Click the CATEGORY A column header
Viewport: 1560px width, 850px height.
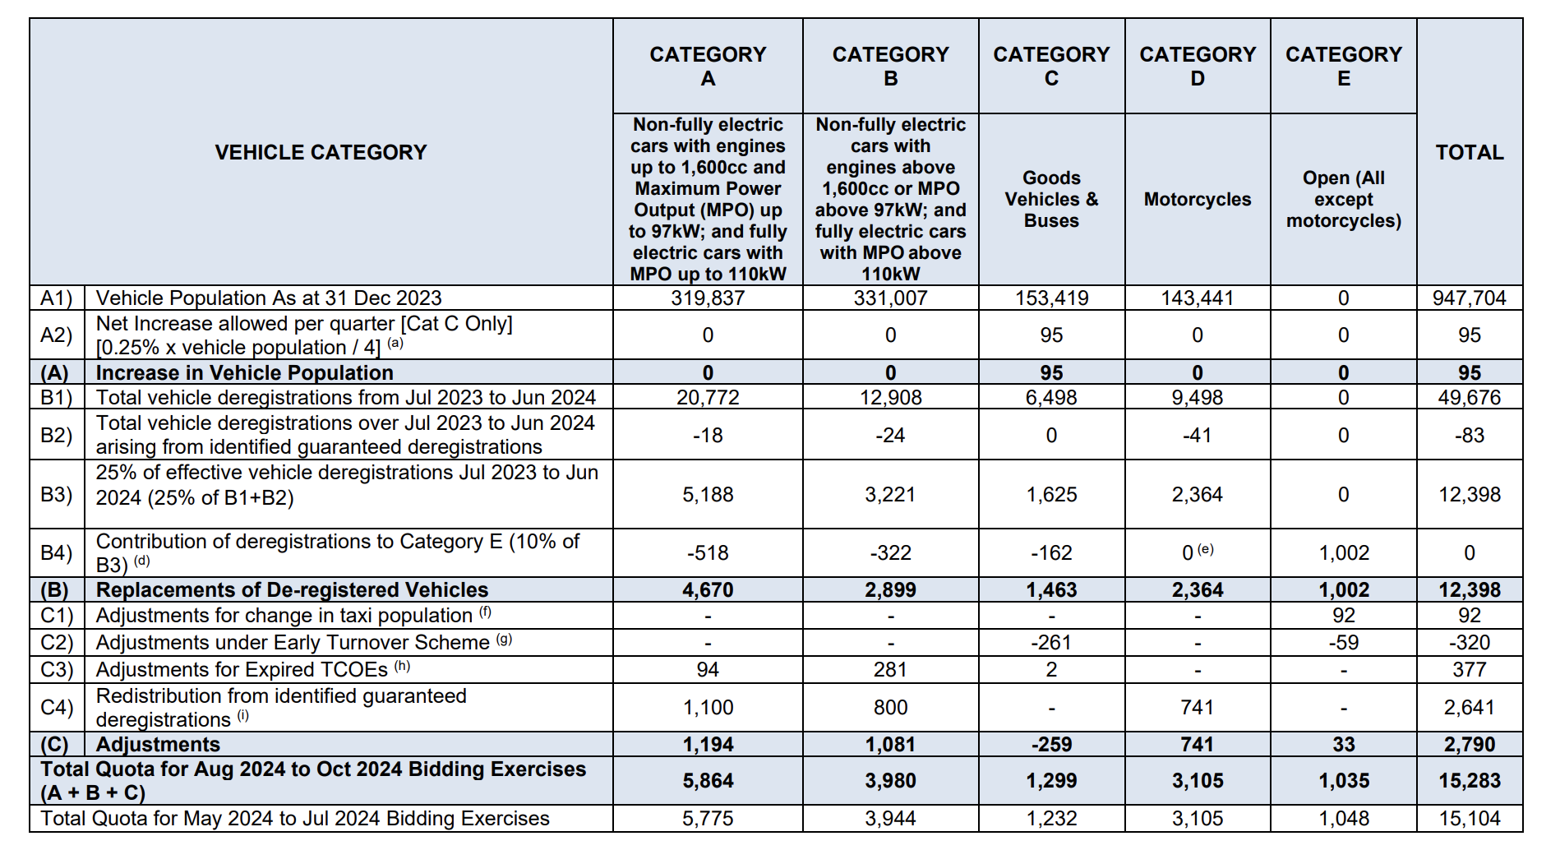point(708,66)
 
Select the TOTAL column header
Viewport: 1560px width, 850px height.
point(1469,152)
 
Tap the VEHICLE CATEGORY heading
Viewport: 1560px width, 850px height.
point(321,152)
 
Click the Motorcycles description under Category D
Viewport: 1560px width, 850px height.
point(1197,199)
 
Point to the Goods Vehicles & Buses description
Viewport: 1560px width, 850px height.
point(1050,199)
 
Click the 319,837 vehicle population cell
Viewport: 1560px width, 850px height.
point(708,298)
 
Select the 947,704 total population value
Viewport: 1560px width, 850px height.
point(1469,298)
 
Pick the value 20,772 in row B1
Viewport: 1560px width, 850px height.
point(708,398)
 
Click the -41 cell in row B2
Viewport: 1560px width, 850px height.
point(1197,435)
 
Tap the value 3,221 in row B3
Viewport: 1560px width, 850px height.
point(890,494)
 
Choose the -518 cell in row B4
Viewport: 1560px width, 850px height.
point(708,552)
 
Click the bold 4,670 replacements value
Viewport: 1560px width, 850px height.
point(708,590)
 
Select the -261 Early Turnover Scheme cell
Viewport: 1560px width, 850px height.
point(1050,642)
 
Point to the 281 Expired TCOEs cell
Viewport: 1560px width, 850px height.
point(890,669)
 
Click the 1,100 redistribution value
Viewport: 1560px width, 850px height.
point(708,707)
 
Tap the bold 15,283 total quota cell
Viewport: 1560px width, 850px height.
point(1469,780)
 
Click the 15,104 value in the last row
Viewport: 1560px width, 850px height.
point(1469,819)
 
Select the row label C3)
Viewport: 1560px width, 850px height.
point(57,669)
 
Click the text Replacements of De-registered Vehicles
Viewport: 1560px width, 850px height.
point(292,590)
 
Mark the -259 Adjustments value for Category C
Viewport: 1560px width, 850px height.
point(1050,745)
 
